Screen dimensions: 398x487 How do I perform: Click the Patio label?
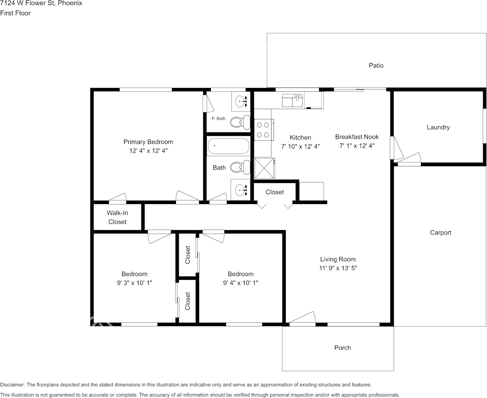pyautogui.click(x=376, y=66)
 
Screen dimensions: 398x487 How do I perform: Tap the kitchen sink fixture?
pyautogui.click(x=293, y=101)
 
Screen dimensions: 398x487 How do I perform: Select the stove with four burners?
pyautogui.click(x=263, y=130)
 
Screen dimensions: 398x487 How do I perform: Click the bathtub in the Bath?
pyautogui.click(x=228, y=146)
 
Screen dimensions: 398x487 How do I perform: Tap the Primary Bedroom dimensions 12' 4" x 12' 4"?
pyautogui.click(x=148, y=150)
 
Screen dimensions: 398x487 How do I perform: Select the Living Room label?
pyautogui.click(x=338, y=259)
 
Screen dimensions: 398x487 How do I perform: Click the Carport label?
pyautogui.click(x=440, y=233)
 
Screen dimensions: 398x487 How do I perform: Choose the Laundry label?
pyautogui.click(x=438, y=127)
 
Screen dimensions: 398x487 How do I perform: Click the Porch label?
pyautogui.click(x=342, y=348)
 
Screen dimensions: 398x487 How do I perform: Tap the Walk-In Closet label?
pyautogui.click(x=117, y=218)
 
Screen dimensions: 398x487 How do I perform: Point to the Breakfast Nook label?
pyautogui.click(x=357, y=137)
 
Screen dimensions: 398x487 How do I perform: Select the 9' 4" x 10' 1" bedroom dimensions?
pyautogui.click(x=240, y=283)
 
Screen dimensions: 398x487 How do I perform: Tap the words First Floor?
pyautogui.click(x=16, y=13)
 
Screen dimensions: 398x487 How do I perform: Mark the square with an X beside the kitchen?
pyautogui.click(x=264, y=168)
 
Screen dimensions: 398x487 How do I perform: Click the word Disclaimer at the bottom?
pyautogui.click(x=12, y=385)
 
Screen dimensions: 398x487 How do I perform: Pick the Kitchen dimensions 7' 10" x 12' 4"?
pyautogui.click(x=301, y=146)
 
